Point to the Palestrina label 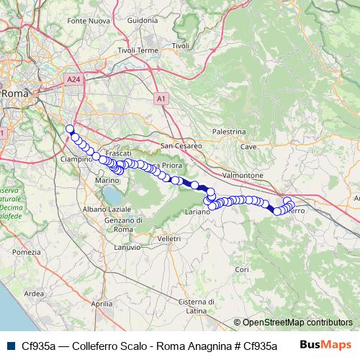point(230,132)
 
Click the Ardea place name point(34,293)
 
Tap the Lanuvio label point(127,247)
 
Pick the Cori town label point(241,269)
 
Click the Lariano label point(197,213)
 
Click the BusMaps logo point(325,344)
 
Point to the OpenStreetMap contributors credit point(297,323)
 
